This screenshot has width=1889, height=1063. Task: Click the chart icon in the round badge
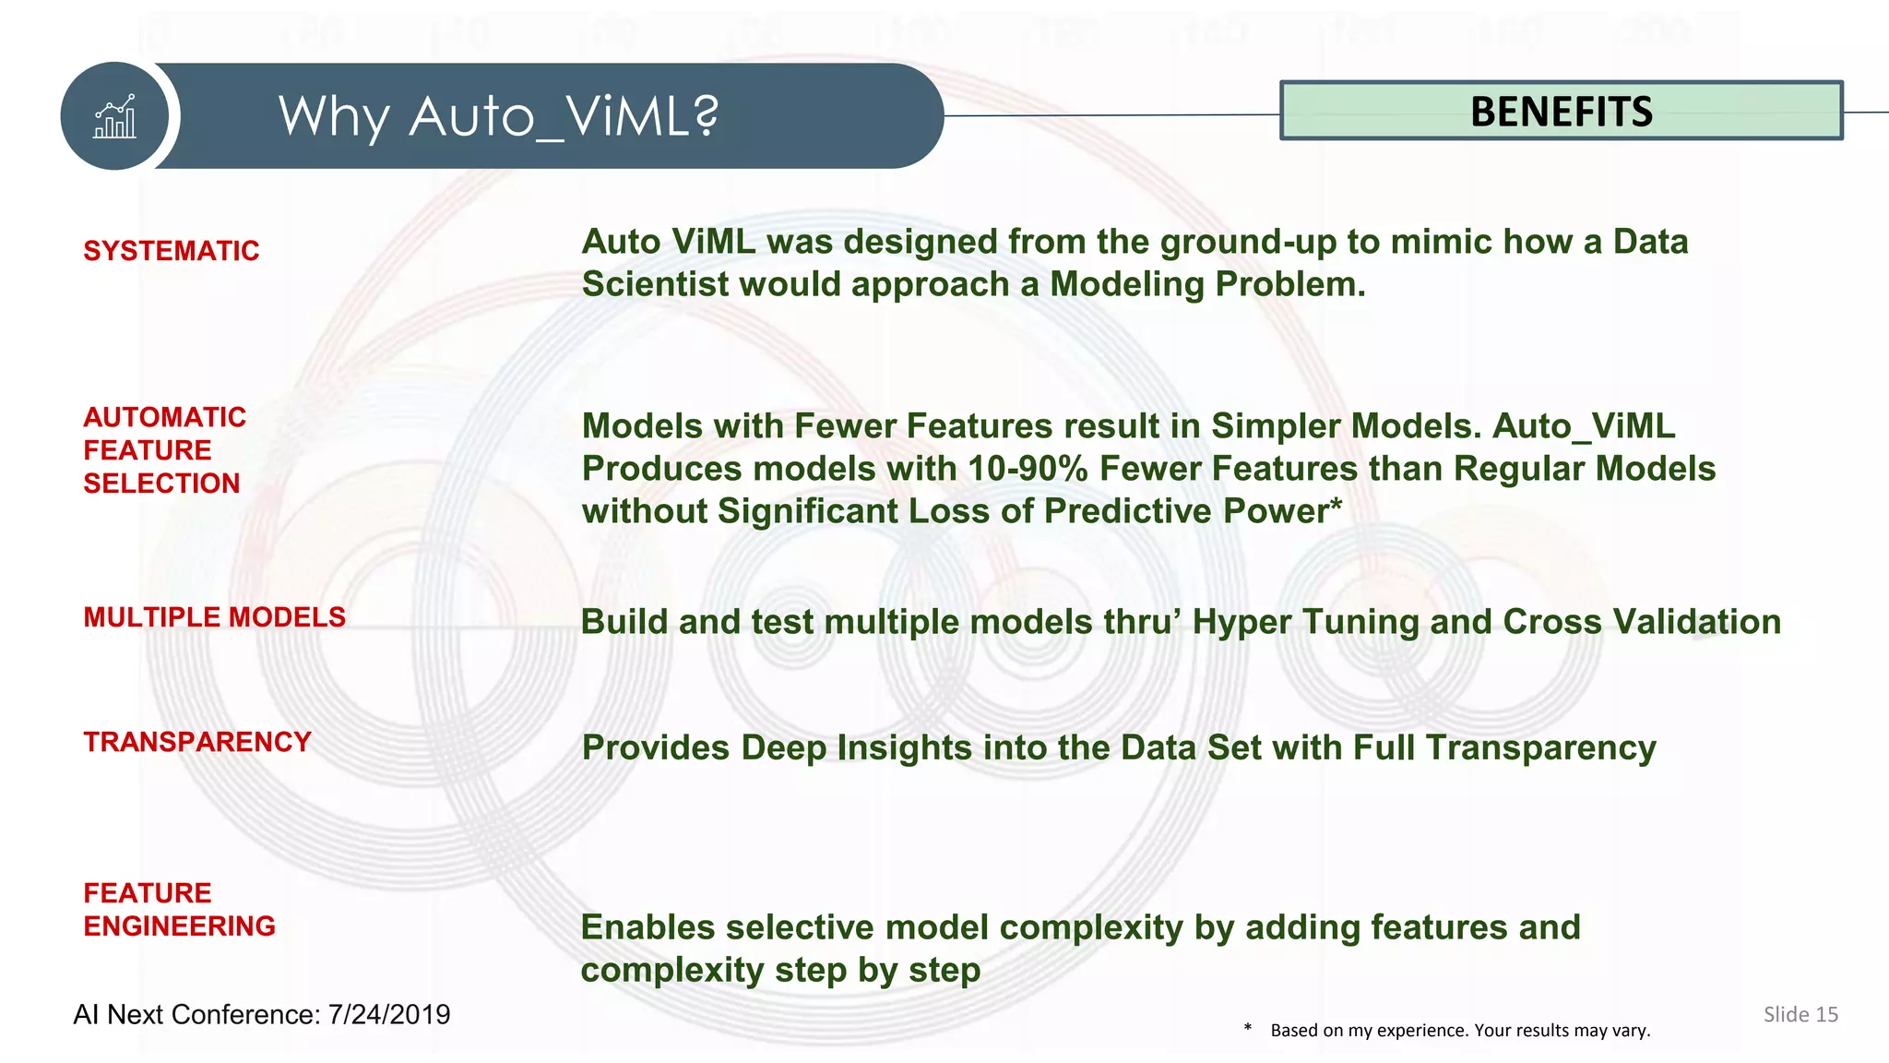click(x=114, y=117)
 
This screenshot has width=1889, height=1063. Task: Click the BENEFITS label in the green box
click(x=1561, y=112)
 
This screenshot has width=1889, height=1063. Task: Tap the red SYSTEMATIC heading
click(x=172, y=251)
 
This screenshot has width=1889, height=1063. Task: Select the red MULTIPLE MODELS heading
click(x=214, y=617)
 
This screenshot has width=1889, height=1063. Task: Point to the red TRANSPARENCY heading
click(x=197, y=742)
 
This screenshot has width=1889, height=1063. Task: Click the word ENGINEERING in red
click(x=179, y=926)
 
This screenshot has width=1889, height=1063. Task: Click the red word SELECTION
click(x=161, y=484)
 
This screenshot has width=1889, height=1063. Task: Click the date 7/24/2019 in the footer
click(x=389, y=1014)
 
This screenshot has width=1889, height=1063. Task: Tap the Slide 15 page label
click(x=1800, y=1014)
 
